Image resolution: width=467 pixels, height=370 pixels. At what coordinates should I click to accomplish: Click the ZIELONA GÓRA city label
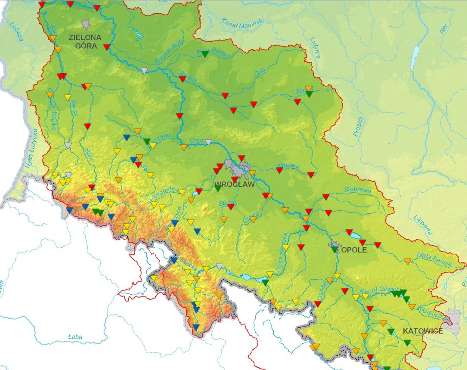point(85,41)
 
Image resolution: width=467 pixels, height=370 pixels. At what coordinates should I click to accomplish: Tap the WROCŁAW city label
point(235,184)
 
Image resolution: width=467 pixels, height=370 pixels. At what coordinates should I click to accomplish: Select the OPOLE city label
point(354,250)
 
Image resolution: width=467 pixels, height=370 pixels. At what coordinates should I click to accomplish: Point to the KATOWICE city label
point(423,331)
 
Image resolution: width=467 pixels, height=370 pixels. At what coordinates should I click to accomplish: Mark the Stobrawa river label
point(357,189)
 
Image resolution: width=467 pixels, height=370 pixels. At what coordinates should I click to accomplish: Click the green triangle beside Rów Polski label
point(205,55)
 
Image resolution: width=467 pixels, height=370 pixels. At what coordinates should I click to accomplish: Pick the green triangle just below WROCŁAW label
point(218,188)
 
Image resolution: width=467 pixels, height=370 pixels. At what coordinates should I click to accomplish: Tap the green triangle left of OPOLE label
point(334,250)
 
